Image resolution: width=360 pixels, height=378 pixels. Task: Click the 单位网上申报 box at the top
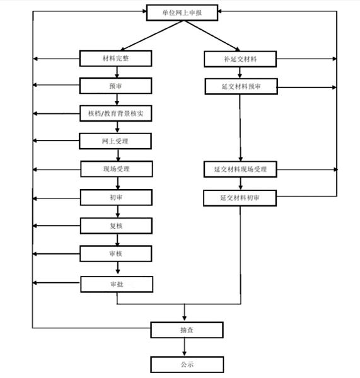click(x=182, y=13)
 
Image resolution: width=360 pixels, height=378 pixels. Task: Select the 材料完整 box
click(x=115, y=59)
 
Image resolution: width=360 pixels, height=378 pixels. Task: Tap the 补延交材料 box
click(x=240, y=59)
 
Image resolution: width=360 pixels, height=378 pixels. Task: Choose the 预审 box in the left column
click(x=115, y=86)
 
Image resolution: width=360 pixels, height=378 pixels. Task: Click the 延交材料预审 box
click(x=241, y=86)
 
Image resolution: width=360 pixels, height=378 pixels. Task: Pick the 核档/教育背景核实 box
click(x=116, y=113)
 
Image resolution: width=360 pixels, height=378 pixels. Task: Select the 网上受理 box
click(x=115, y=141)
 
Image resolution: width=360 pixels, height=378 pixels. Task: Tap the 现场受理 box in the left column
click(x=117, y=169)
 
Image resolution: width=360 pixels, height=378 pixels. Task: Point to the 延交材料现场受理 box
click(x=240, y=169)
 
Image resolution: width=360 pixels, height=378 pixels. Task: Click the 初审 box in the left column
click(x=116, y=197)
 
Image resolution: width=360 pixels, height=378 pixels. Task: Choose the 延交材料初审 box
click(x=240, y=198)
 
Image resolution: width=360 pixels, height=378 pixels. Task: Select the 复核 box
click(x=116, y=226)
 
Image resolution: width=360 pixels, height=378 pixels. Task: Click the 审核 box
click(x=116, y=254)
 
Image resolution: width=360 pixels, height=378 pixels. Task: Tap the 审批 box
click(x=117, y=285)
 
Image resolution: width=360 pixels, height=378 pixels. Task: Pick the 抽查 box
click(x=187, y=329)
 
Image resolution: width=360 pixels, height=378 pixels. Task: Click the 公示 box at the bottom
click(x=187, y=365)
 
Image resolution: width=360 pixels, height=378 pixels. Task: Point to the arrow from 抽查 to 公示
click(x=185, y=347)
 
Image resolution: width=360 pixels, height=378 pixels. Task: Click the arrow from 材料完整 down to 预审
click(x=117, y=72)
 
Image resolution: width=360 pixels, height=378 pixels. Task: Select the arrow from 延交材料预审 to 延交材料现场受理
click(x=240, y=128)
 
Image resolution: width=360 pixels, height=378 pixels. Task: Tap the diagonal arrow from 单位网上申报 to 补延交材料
click(x=212, y=36)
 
